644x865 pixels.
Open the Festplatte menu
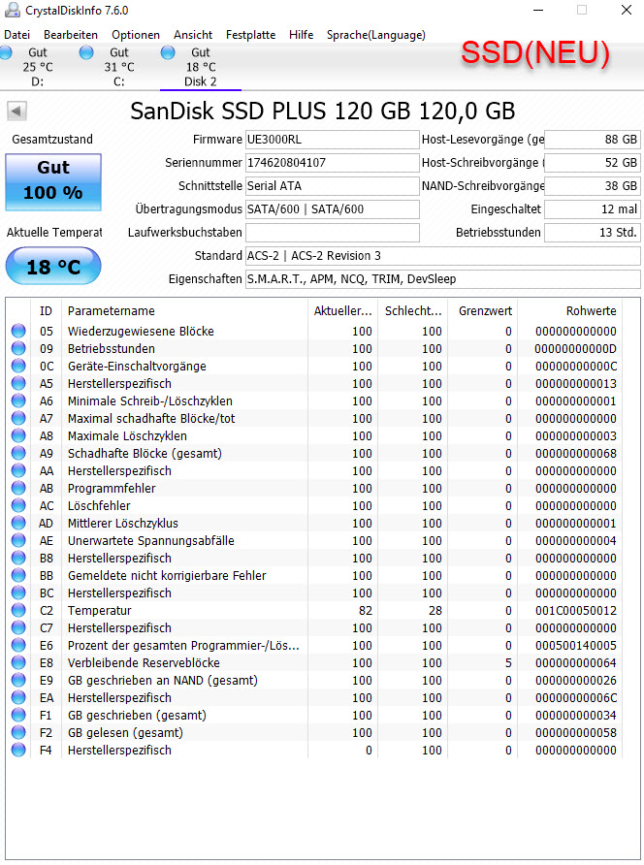[250, 35]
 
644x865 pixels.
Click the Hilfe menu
[301, 35]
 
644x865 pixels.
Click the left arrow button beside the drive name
[16, 111]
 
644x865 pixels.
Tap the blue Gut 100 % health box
[53, 180]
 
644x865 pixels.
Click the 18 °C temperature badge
[53, 267]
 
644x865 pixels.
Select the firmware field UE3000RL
[332, 140]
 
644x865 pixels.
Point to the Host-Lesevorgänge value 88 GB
[592, 140]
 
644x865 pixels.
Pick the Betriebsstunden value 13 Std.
[592, 233]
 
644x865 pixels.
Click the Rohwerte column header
[591, 311]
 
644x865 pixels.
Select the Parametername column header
[111, 311]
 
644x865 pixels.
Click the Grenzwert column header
[485, 311]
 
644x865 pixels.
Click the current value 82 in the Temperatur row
[365, 611]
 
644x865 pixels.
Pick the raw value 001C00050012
[575, 611]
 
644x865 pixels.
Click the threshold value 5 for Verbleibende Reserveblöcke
[507, 663]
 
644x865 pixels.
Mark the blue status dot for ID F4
[18, 751]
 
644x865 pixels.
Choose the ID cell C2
[46, 611]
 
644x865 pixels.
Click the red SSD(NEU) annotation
[534, 54]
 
